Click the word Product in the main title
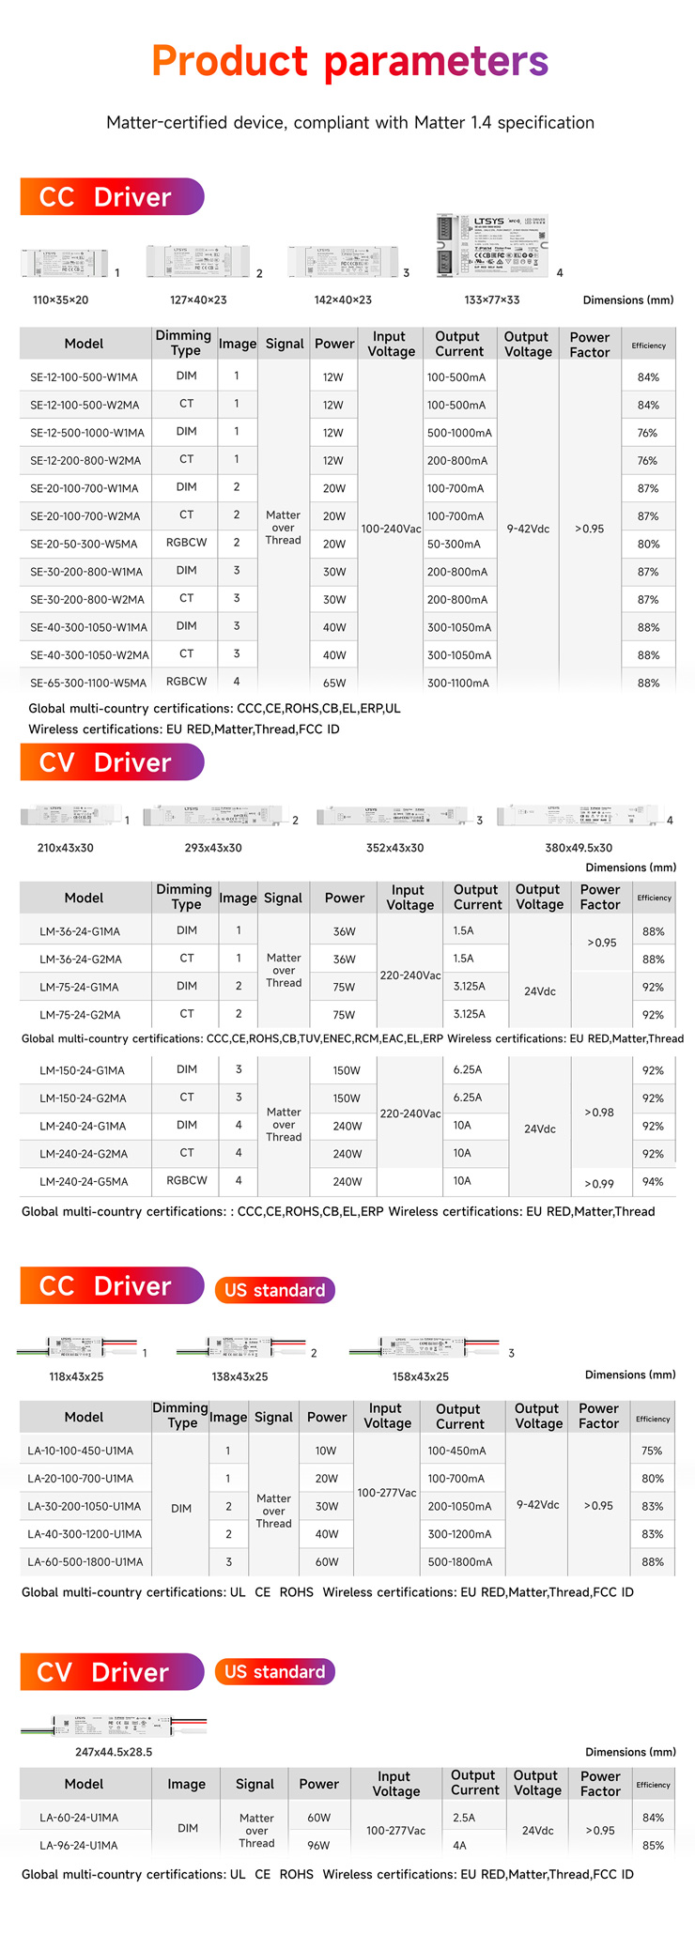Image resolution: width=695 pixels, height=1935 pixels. [229, 62]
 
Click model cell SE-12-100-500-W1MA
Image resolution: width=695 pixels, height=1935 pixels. [84, 377]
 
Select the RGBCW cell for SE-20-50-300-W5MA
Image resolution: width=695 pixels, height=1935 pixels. [186, 543]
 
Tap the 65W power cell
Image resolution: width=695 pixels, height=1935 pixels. [333, 683]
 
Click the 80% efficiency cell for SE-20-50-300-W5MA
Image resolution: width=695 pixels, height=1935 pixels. [648, 545]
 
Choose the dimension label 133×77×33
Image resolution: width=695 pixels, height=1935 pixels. [491, 300]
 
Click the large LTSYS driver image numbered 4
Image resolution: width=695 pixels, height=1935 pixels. [491, 246]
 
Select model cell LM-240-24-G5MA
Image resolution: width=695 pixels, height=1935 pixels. [84, 1182]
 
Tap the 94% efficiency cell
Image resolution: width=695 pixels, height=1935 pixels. [653, 1182]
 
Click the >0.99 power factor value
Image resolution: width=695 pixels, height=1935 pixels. [599, 1184]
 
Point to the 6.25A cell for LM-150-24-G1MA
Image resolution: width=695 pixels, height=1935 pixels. [467, 1070]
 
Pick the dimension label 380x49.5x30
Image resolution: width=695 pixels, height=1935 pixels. [579, 848]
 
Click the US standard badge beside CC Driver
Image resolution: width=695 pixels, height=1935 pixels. [274, 1290]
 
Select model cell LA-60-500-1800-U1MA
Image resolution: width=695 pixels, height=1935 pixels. [85, 1562]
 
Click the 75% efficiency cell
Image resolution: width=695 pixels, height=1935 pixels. [652, 1451]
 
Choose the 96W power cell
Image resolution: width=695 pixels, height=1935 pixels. [318, 1846]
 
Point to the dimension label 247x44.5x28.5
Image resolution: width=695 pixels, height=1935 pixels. [114, 1752]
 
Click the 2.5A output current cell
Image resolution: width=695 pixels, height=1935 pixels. [464, 1818]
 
